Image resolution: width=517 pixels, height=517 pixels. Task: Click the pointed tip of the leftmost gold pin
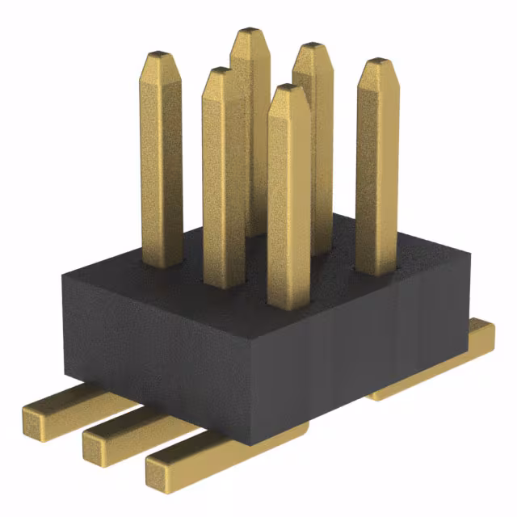coord(162,57)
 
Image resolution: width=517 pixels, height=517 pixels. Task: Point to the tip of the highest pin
coord(250,34)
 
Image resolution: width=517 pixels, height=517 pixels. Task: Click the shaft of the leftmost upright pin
coord(162,162)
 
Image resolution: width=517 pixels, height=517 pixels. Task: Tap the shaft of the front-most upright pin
coord(288,202)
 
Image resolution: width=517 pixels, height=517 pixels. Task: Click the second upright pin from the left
coord(224,178)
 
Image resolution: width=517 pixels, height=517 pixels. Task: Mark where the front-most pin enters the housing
coord(288,307)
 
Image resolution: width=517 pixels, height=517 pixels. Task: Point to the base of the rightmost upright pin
coord(377,271)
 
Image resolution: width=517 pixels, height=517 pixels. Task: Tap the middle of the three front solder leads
coord(121,432)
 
